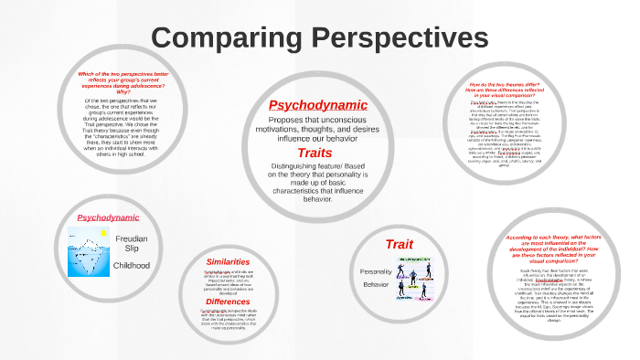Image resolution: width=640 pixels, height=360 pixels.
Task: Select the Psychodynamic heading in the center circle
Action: tap(317, 104)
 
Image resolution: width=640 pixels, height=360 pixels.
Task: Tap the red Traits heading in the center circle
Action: tap(315, 153)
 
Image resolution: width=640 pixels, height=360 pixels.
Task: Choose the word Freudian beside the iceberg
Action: tap(133, 237)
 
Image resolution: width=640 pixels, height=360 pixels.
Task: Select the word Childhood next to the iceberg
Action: tap(133, 265)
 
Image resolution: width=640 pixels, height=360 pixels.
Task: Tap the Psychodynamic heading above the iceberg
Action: tap(108, 217)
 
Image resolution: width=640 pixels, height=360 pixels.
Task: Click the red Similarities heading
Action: tap(228, 261)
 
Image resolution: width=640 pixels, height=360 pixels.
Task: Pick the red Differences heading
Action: tap(228, 301)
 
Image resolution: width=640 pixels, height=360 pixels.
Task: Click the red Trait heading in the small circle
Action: tap(400, 244)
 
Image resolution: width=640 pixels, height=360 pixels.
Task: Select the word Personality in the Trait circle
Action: tap(375, 271)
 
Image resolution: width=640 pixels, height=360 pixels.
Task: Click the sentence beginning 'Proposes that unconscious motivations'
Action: tap(317, 130)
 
